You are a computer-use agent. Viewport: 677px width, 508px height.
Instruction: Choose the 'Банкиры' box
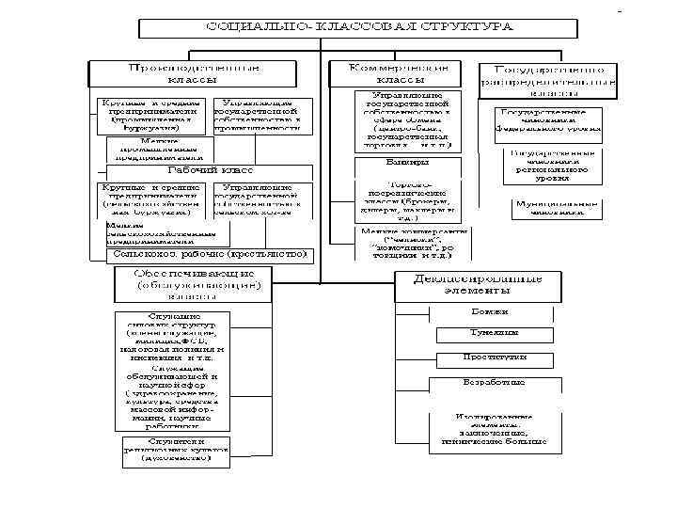(406, 162)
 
